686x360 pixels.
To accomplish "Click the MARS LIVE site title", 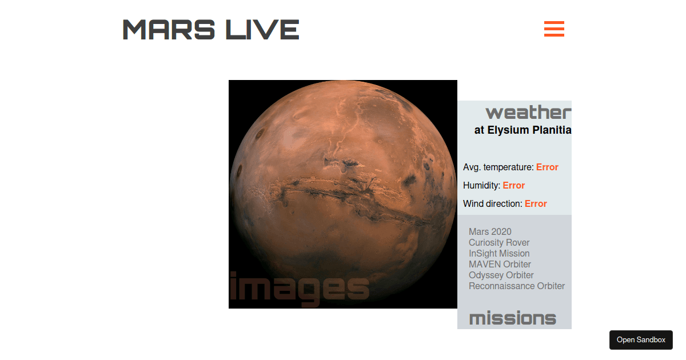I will coord(210,29).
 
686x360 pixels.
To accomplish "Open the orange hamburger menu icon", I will coord(554,29).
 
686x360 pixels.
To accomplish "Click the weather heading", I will coord(528,112).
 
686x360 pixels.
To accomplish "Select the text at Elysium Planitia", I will coord(523,130).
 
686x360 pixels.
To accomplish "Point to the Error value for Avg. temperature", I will coord(547,167).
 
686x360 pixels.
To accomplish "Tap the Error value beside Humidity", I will coord(514,186).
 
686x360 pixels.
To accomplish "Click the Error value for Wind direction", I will coord(536,204).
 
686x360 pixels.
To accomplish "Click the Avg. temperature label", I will coord(498,167).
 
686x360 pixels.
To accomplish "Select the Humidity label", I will coord(481,186).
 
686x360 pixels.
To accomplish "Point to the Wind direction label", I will coord(492,204).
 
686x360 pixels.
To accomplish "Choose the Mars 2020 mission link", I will coord(490,231).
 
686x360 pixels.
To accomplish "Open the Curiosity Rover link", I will coord(499,242).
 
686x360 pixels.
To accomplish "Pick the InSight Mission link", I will coord(499,253).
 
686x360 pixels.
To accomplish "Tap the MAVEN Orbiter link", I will coord(500,264).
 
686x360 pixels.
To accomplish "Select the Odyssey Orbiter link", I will coord(501,275).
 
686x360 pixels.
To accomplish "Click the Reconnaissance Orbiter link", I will coord(517,286).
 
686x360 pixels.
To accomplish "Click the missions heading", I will coord(512,318).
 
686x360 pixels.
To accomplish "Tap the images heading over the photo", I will coord(299,287).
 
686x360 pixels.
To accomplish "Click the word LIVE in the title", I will coord(262,29).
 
